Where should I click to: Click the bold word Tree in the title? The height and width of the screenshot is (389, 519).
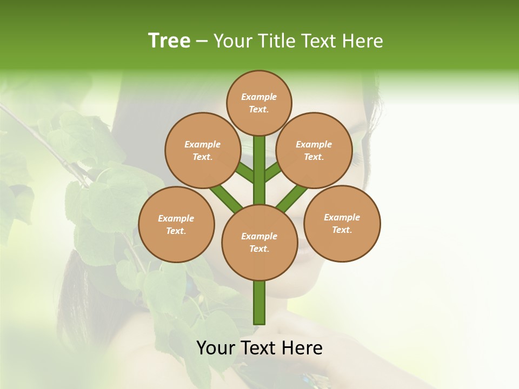pyautogui.click(x=169, y=41)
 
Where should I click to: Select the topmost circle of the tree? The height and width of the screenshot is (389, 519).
pyautogui.click(x=259, y=103)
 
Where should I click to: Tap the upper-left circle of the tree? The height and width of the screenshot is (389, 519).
pyautogui.click(x=203, y=150)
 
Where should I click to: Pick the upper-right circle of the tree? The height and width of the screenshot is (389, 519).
pyautogui.click(x=314, y=150)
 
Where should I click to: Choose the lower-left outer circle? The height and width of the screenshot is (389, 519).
pyautogui.click(x=176, y=224)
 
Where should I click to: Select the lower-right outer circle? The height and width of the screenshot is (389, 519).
pyautogui.click(x=342, y=223)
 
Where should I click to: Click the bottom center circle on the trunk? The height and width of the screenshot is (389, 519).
pyautogui.click(x=259, y=243)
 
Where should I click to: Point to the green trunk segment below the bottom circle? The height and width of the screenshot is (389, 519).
pyautogui.click(x=259, y=303)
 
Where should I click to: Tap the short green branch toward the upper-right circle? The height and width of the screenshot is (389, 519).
pyautogui.click(x=272, y=172)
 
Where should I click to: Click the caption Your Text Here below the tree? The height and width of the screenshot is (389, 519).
pyautogui.click(x=259, y=348)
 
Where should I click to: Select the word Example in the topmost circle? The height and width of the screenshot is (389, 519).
pyautogui.click(x=259, y=97)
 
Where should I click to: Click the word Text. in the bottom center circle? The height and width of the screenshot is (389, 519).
pyautogui.click(x=259, y=249)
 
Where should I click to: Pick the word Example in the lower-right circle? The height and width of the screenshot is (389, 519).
pyautogui.click(x=342, y=217)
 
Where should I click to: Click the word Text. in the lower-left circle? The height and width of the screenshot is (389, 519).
pyautogui.click(x=176, y=231)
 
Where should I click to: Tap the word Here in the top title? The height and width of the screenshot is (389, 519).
pyautogui.click(x=364, y=41)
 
